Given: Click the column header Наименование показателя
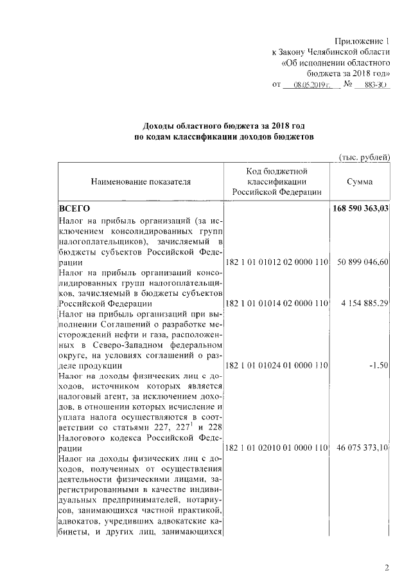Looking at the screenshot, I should pyautogui.click(x=141, y=182).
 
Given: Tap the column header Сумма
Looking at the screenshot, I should pyautogui.click(x=360, y=182).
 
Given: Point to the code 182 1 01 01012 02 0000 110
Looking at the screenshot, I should pyautogui.click(x=277, y=263).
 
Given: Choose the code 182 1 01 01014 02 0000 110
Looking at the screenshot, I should pyautogui.click(x=277, y=304).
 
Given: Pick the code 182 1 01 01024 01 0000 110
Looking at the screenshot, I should pyautogui.click(x=277, y=365).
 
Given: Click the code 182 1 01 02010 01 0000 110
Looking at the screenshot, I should pyautogui.click(x=277, y=448).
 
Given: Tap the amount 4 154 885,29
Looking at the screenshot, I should pyautogui.click(x=365, y=304).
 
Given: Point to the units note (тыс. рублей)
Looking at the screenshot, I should pyautogui.click(x=364, y=157).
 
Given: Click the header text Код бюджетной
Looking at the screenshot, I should pyautogui.click(x=277, y=171).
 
